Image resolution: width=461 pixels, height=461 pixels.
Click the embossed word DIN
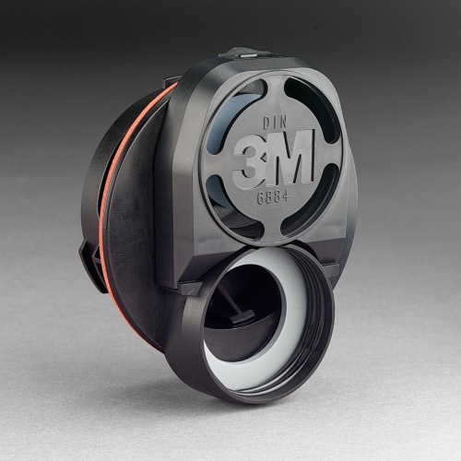275,123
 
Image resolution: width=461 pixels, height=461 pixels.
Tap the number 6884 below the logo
273,196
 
